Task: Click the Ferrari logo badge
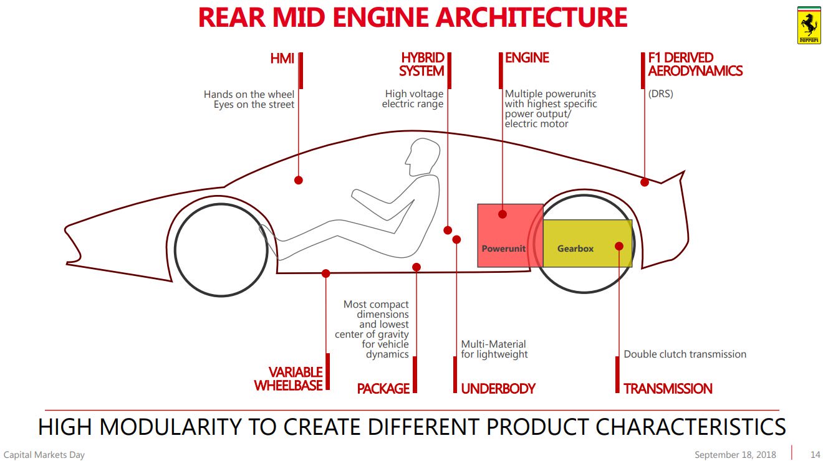(809, 26)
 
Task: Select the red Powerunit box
(511, 235)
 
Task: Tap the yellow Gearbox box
(587, 244)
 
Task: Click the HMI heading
(282, 59)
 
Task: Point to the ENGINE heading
(527, 57)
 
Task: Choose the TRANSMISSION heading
(668, 389)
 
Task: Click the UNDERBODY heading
(498, 389)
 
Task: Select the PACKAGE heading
(383, 389)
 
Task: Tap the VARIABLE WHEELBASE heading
(289, 379)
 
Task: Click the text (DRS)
(661, 94)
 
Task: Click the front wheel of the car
(221, 250)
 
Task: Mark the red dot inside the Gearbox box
(619, 246)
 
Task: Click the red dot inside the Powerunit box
(503, 214)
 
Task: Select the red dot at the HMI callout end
(299, 180)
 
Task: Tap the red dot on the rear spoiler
(645, 182)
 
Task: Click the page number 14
(816, 455)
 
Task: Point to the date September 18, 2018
(735, 455)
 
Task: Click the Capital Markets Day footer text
(44, 455)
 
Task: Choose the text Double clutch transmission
(685, 354)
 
